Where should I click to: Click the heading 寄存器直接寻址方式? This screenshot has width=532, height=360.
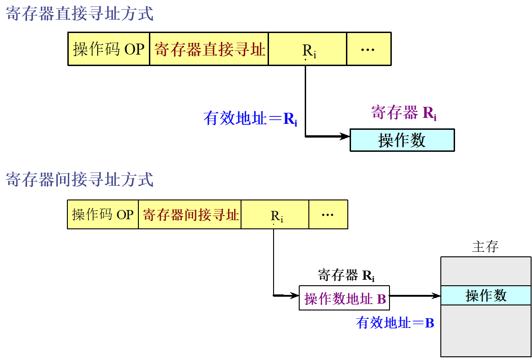tap(79, 14)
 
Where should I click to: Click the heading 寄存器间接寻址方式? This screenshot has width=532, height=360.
tap(79, 179)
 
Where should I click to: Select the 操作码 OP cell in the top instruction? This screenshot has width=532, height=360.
tap(109, 49)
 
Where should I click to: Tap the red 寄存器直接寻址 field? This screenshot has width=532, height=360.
tap(209, 49)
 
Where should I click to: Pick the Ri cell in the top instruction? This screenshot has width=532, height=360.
tap(307, 49)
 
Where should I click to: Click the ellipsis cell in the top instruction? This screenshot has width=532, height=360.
tap(368, 49)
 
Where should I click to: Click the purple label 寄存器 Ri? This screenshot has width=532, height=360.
tap(403, 113)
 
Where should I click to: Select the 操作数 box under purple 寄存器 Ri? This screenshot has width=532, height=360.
tap(402, 140)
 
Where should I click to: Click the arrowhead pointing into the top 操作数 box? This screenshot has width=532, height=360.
tap(345, 136)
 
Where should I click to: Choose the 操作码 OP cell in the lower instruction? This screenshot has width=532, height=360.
tap(103, 215)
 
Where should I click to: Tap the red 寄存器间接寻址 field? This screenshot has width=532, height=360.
tap(190, 215)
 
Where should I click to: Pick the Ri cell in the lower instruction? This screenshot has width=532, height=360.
tap(275, 215)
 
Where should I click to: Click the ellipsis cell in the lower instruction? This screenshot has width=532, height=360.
tap(328, 215)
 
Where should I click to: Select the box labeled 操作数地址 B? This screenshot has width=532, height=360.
tap(344, 298)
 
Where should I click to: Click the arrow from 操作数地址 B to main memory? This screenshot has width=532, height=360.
tap(415, 296)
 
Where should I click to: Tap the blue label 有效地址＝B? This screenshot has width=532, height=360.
tap(395, 323)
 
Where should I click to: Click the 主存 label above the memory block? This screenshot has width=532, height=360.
tap(485, 247)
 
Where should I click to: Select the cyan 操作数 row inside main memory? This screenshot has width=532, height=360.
tap(486, 295)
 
